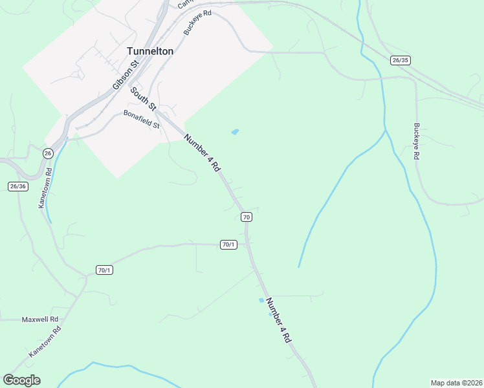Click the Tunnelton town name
point(150,51)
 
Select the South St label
point(144,98)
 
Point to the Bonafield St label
point(141,120)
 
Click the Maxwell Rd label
point(40,319)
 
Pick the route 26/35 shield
point(401,60)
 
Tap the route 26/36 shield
point(18,186)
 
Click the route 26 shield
point(48,153)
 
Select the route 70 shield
point(246,217)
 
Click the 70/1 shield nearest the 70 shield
point(228,244)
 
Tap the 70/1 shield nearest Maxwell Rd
point(104,270)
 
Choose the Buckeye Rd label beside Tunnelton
point(197,22)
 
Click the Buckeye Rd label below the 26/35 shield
point(417,141)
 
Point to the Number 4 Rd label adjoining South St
point(203,153)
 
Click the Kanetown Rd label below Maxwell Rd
point(45,342)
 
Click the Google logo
point(21,380)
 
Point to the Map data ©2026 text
point(457,382)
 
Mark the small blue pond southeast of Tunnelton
point(235,132)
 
